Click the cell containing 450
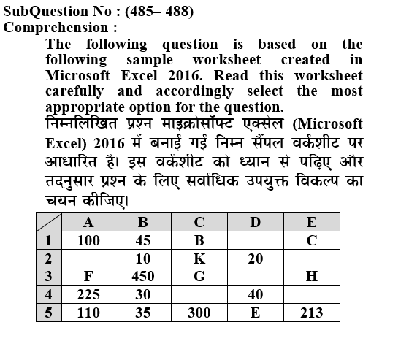142,277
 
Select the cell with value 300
199,313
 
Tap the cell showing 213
312,313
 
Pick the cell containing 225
88,295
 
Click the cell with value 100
88,240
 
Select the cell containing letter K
199,258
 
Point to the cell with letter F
88,277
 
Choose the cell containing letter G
199,277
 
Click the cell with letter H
312,277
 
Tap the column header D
255,222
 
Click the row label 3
49,277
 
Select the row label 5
49,313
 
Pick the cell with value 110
88,313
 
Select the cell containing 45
142,240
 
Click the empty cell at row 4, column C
199,295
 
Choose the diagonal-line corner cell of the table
49,222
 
